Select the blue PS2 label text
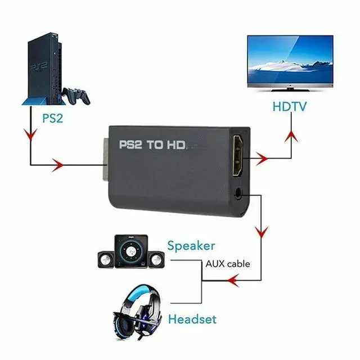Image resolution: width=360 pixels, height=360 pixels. (x=52, y=119)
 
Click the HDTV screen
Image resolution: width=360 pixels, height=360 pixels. (x=290, y=61)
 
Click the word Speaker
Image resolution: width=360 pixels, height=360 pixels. (x=191, y=245)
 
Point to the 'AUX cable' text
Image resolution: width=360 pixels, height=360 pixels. (x=228, y=263)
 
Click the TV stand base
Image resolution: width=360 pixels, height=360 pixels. (x=291, y=91)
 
